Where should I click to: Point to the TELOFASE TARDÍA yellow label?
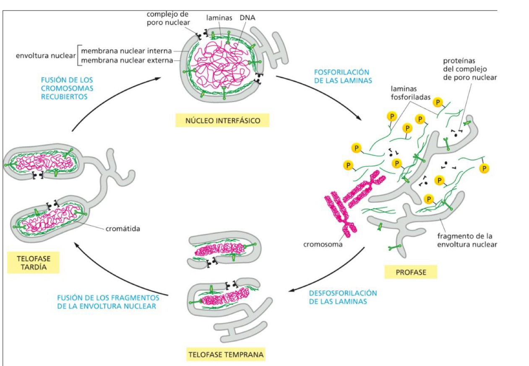[x=33, y=262]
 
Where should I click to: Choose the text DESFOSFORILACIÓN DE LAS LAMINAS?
[x=343, y=297]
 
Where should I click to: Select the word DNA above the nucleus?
[x=248, y=18]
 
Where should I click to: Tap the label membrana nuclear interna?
[x=126, y=51]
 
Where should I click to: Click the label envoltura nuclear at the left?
[x=45, y=56]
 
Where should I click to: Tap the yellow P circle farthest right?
[x=484, y=169]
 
